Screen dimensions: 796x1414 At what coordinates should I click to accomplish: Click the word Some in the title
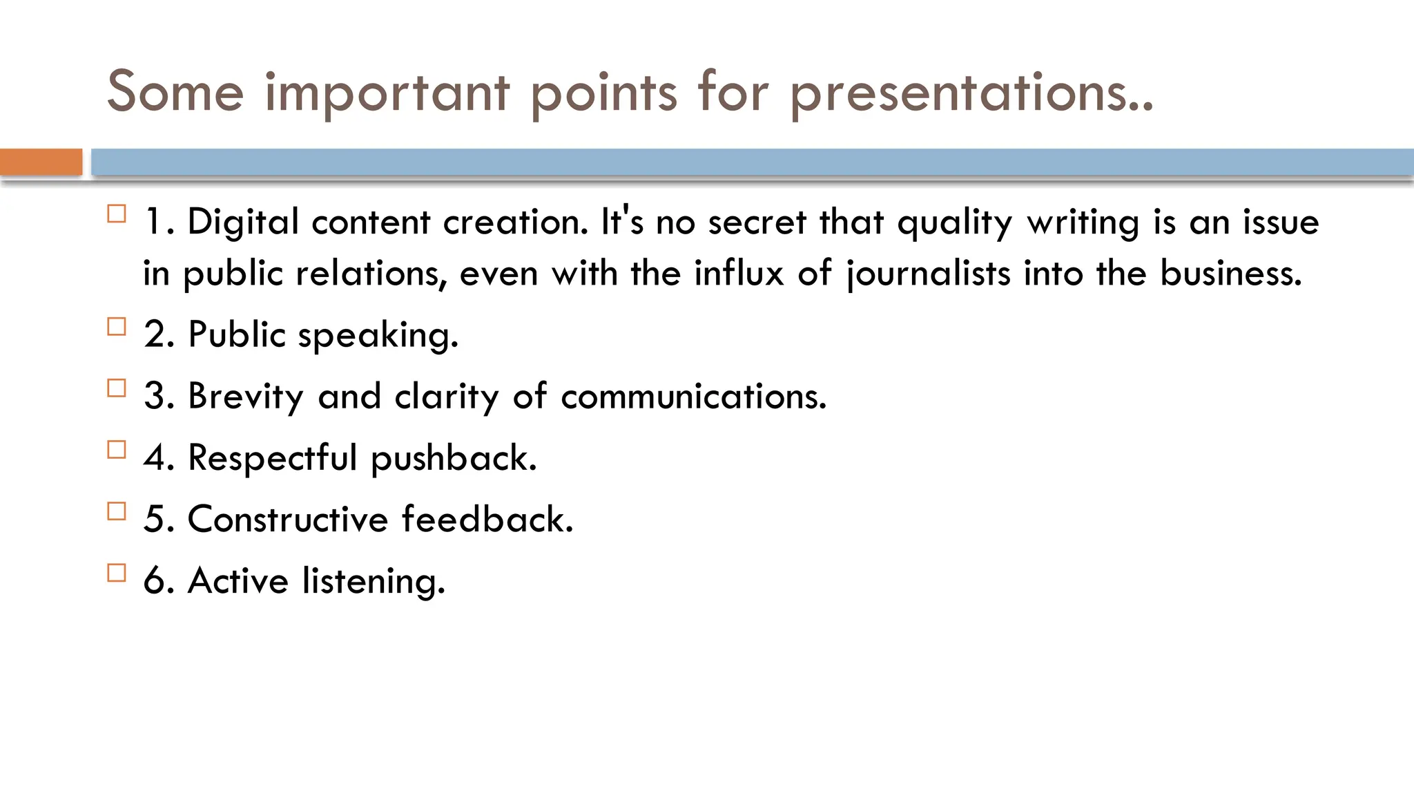pyautogui.click(x=175, y=91)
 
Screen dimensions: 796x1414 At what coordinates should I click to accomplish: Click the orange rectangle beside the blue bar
pyautogui.click(x=41, y=162)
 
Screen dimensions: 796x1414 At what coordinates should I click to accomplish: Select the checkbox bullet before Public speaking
pyautogui.click(x=117, y=326)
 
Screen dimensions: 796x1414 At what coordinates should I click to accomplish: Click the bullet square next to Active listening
pyautogui.click(x=117, y=573)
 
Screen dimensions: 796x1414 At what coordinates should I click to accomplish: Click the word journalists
pyautogui.click(x=929, y=274)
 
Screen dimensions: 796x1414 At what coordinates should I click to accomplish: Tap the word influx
pyautogui.click(x=739, y=272)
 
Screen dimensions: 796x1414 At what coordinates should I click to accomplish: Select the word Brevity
pyautogui.click(x=245, y=397)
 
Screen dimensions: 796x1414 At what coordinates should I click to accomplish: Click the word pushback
pyautogui.click(x=453, y=459)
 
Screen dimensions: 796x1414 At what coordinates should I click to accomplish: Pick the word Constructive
pyautogui.click(x=288, y=519)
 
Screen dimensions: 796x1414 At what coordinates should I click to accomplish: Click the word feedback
pyautogui.click(x=487, y=519)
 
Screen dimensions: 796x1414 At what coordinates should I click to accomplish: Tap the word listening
pyautogui.click(x=374, y=581)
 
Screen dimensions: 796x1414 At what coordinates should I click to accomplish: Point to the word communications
pyautogui.click(x=693, y=397)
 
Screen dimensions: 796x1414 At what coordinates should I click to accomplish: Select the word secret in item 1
pyautogui.click(x=757, y=222)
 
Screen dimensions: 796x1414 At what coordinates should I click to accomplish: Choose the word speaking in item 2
pyautogui.click(x=378, y=336)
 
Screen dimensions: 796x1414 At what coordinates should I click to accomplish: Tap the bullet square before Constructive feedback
pyautogui.click(x=117, y=511)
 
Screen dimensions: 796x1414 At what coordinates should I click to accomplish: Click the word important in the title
pyautogui.click(x=387, y=94)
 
